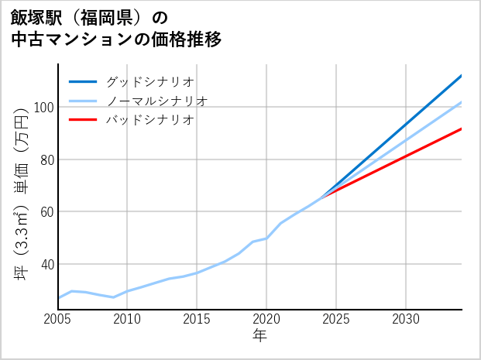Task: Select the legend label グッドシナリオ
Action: coord(149,81)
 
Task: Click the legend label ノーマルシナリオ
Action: coord(156,101)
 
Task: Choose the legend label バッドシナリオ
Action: coord(149,120)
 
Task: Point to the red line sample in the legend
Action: coord(83,120)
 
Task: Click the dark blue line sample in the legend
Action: coord(83,81)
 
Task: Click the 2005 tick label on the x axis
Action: coord(58,319)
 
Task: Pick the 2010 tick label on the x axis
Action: coord(127,319)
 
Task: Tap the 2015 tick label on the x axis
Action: coord(197,319)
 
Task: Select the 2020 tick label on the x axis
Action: coord(266,319)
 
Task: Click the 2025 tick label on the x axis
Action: coord(336,319)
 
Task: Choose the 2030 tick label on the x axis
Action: coord(406,319)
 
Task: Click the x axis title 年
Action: coord(260,336)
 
